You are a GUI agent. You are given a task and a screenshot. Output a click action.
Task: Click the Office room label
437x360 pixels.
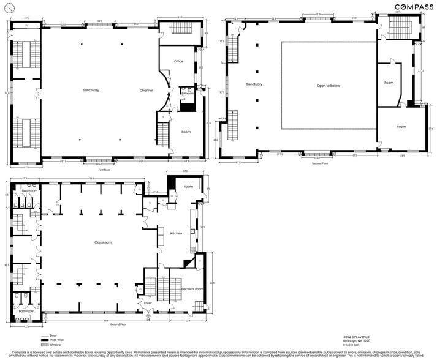point(178,61)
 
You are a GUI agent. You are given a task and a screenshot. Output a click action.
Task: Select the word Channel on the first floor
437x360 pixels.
point(146,91)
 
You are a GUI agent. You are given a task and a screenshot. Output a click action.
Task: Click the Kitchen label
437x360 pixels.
point(176,233)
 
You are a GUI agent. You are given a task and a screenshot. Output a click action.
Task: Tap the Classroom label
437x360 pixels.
point(102,242)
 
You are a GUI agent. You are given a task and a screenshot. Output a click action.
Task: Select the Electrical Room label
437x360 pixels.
point(192,288)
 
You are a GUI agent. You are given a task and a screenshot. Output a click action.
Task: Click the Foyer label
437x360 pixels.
point(148,302)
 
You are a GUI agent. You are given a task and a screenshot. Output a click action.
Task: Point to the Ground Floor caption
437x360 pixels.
point(118,324)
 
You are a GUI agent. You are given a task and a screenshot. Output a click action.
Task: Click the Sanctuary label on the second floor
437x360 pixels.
point(254,84)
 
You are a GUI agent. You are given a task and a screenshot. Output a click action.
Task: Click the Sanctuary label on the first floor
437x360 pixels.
point(91,91)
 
